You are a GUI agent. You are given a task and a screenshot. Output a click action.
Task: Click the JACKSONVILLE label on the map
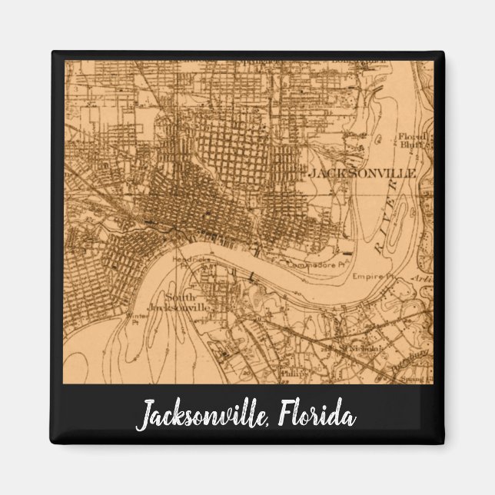(362, 174)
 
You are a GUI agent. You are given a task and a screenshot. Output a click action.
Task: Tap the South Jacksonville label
(182, 302)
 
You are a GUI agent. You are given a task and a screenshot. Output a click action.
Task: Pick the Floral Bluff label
(409, 141)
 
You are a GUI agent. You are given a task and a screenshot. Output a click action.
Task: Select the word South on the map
(181, 297)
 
